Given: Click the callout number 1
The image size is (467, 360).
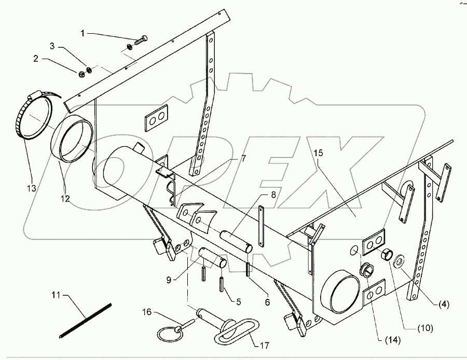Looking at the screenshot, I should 83,33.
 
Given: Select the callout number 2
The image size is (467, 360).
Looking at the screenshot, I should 36,59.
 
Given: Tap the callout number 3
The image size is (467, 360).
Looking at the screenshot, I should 52,46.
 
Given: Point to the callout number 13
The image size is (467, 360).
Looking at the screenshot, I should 32,188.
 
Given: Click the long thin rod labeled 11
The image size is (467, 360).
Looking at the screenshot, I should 86,320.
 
